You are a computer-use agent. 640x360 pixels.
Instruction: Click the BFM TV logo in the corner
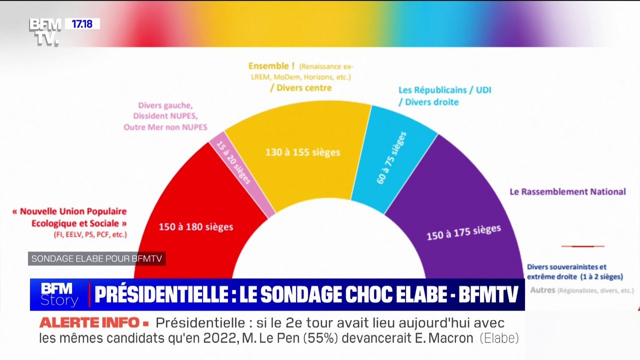click(44, 31)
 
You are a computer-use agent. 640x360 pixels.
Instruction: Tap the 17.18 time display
click(82, 23)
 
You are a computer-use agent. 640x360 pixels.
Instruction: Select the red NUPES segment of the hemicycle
click(170, 200)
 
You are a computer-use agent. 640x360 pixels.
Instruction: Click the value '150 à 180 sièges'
click(196, 226)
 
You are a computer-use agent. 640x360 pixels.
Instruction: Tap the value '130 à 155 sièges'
click(303, 151)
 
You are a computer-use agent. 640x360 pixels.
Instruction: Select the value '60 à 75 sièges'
click(391, 157)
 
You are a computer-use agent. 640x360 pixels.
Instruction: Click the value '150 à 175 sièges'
click(463, 232)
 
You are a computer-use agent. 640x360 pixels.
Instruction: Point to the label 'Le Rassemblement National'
click(567, 191)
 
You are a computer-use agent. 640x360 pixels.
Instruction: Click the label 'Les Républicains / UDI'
click(444, 90)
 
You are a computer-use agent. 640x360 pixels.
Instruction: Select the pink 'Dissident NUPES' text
click(165, 116)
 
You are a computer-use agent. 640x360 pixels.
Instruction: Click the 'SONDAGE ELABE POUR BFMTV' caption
click(96, 258)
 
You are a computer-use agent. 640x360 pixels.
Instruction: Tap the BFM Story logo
click(59, 294)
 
